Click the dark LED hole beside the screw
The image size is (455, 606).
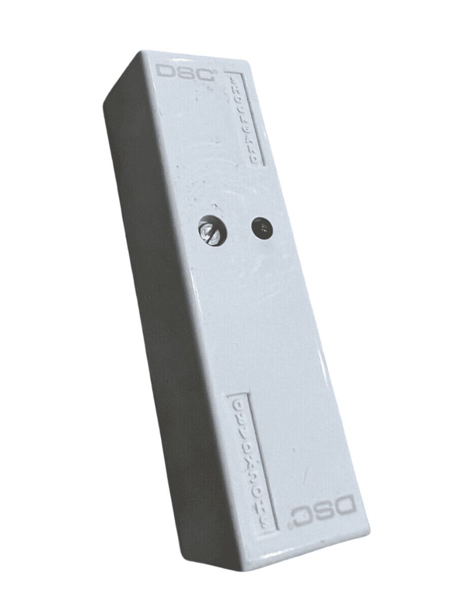262,228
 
